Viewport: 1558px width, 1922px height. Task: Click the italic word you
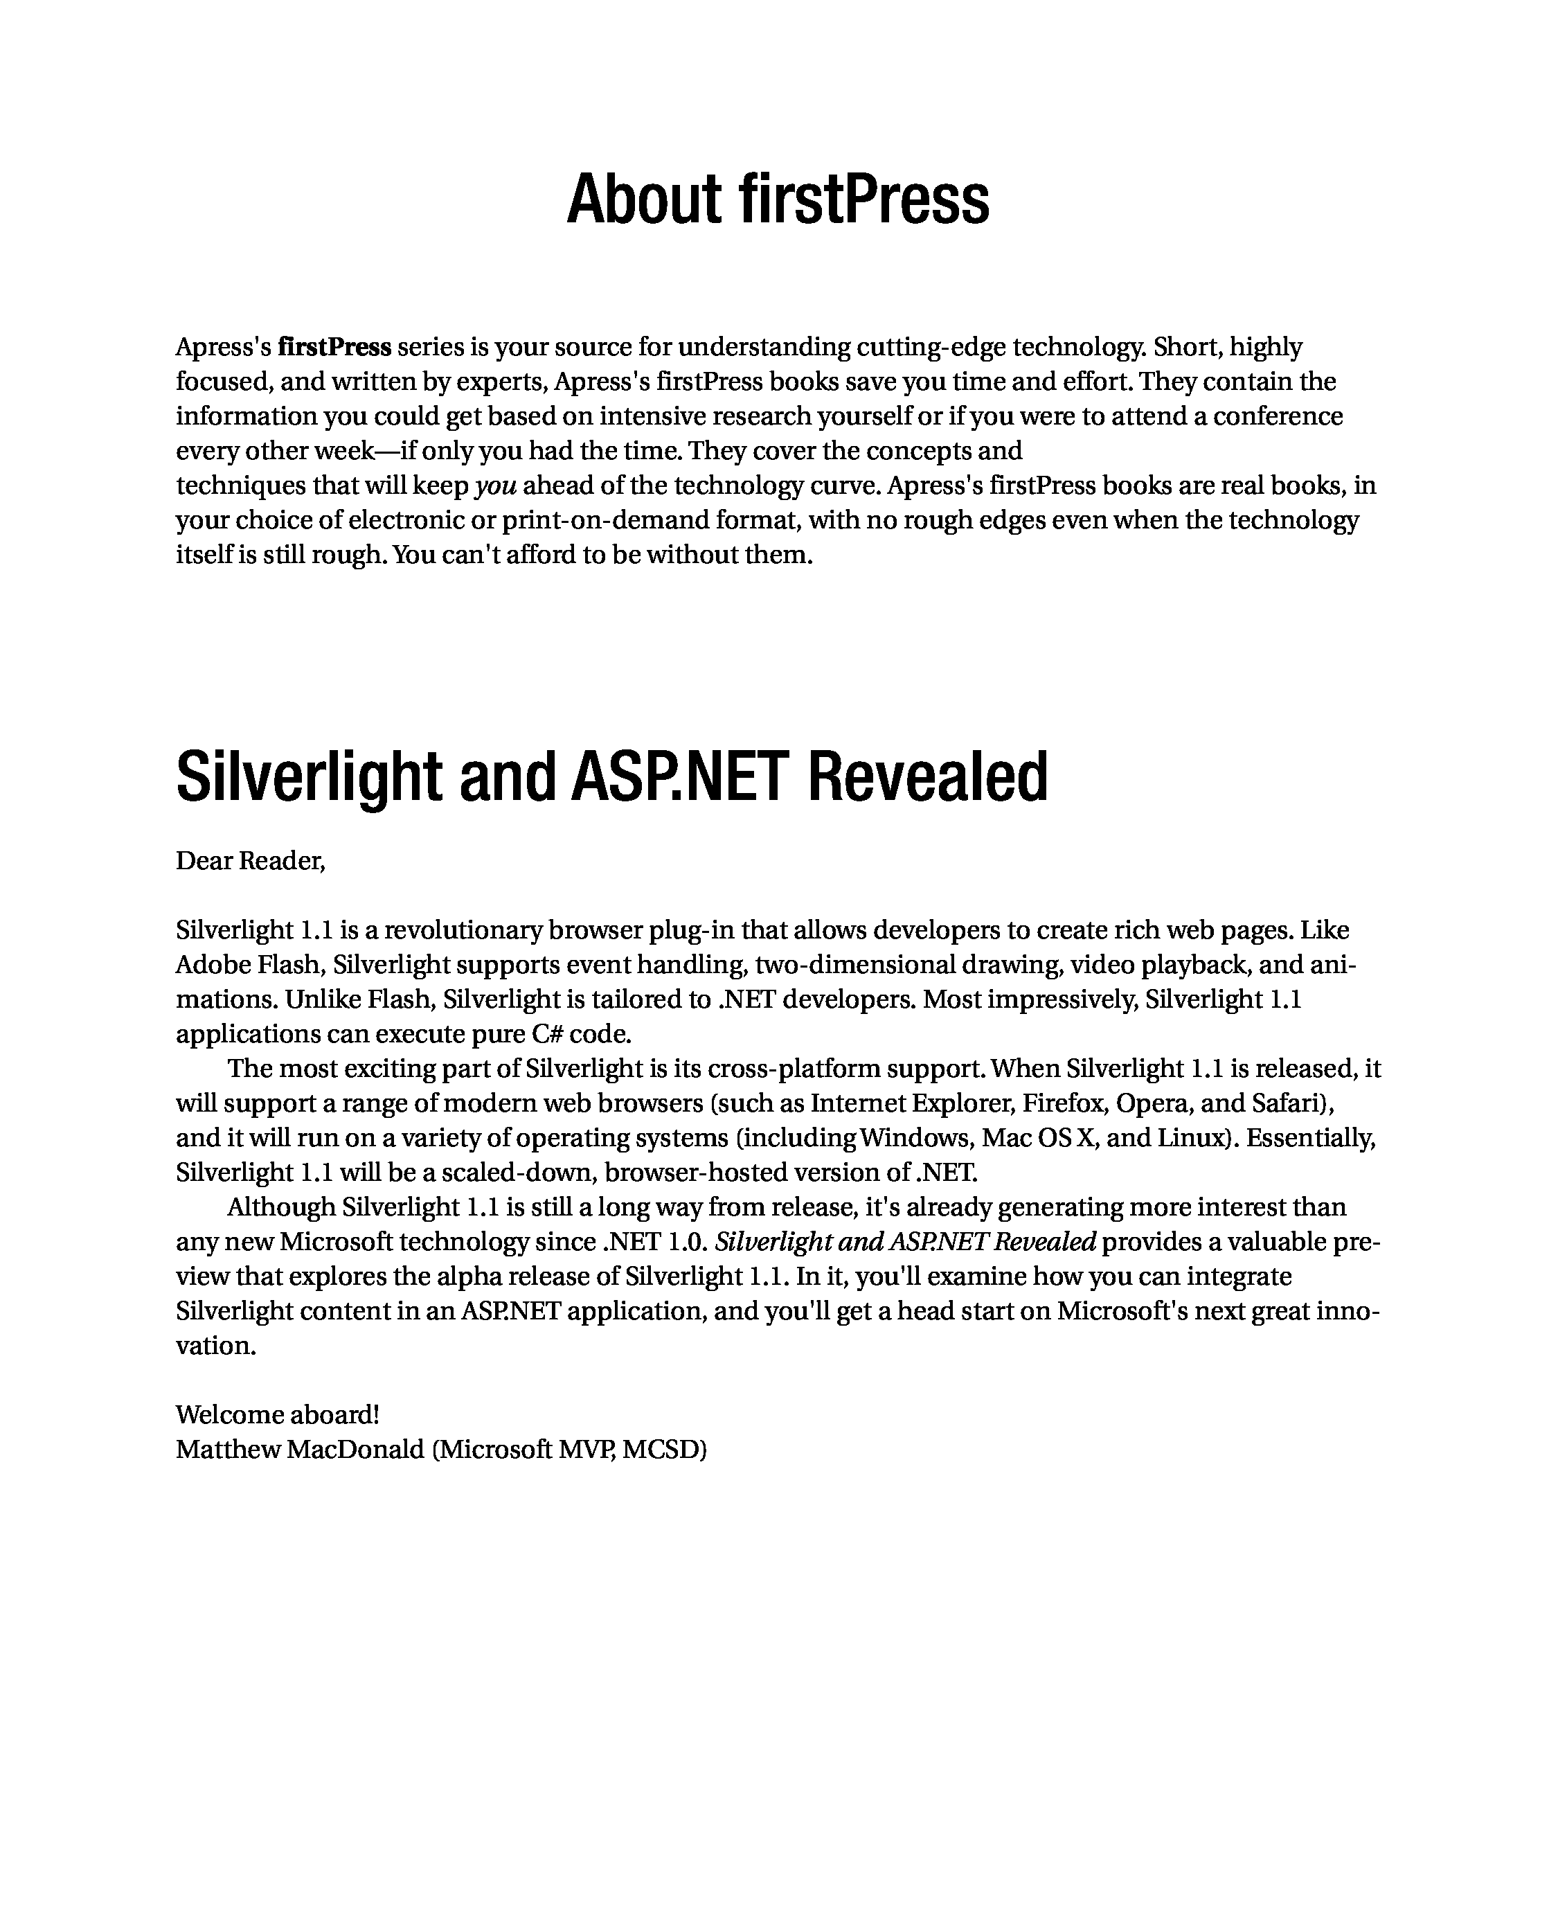click(x=495, y=486)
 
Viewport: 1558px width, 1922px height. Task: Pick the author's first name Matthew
click(x=227, y=1450)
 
